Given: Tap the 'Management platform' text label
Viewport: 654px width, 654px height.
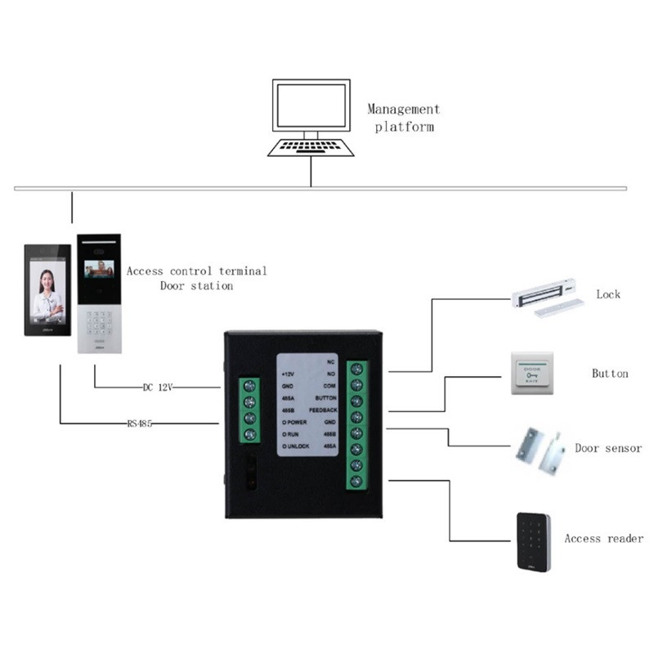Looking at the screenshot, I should [403, 118].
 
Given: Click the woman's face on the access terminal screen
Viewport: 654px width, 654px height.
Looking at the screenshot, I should [46, 282].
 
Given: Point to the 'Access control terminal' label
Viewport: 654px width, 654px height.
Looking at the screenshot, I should [196, 271].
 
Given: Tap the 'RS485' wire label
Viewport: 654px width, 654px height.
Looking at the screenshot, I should [141, 423].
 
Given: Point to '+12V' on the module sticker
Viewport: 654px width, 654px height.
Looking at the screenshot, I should [289, 372].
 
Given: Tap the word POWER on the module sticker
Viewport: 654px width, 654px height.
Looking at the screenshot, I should [296, 421].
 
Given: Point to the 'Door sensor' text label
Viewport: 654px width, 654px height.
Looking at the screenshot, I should [608, 448].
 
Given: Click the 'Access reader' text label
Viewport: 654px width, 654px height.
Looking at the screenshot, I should [603, 539].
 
